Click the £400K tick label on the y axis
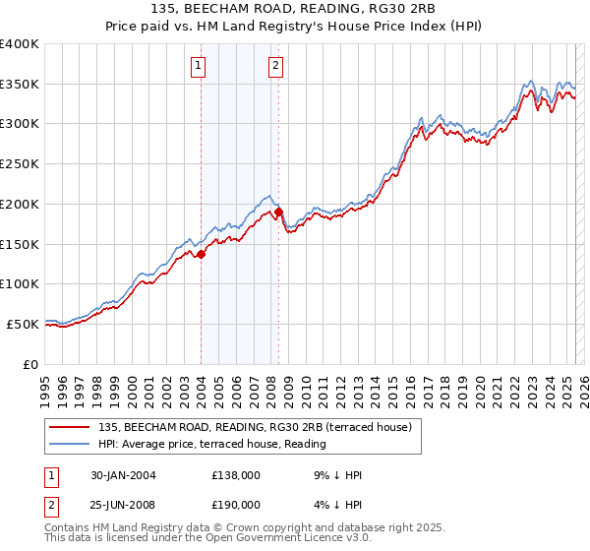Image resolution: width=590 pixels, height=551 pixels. click(20, 44)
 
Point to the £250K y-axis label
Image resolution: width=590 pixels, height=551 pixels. click(20, 164)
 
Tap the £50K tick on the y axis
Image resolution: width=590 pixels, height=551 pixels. click(24, 324)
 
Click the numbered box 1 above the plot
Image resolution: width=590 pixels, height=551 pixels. click(199, 66)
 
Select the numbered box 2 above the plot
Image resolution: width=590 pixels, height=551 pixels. click(275, 66)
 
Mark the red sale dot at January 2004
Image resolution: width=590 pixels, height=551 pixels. click(201, 254)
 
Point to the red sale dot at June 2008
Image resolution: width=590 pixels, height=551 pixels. click(278, 212)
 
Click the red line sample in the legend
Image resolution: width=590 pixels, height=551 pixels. click(71, 427)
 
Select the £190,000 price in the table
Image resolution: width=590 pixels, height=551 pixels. click(236, 504)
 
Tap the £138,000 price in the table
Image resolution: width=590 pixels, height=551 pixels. click(236, 476)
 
